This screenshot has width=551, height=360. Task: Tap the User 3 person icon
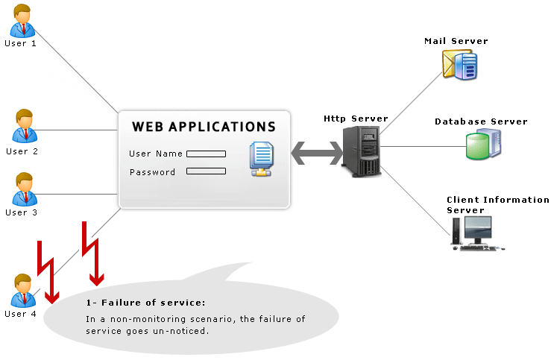tap(23, 189)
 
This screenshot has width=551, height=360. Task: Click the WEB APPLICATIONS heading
tap(204, 127)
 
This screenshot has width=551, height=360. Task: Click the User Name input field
tap(206, 154)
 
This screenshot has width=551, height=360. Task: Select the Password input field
tap(206, 171)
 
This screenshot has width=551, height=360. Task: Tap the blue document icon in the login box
tap(261, 158)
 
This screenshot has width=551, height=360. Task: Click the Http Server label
tap(356, 119)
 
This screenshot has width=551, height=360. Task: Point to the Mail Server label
tap(456, 40)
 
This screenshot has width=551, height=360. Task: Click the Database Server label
tap(481, 121)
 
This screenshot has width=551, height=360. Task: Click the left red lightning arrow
tap(45, 272)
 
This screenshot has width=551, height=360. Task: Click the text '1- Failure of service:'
tap(145, 303)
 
